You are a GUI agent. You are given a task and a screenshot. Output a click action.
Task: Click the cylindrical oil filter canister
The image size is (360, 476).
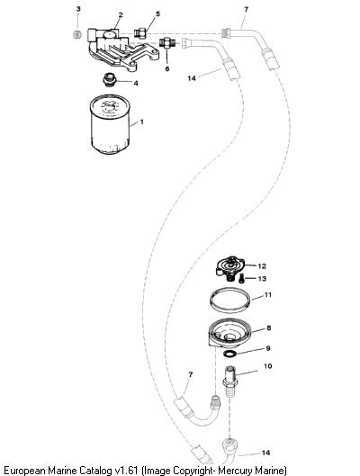[110, 124]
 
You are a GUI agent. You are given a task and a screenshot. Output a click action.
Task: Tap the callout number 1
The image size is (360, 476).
[141, 122]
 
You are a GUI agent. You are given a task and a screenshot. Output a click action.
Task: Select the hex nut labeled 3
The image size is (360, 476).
[77, 34]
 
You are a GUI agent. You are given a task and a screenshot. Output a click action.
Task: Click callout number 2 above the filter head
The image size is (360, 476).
[121, 15]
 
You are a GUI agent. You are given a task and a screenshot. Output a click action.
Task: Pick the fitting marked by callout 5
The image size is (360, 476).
[140, 33]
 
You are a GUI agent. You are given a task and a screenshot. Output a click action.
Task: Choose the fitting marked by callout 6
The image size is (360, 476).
[167, 42]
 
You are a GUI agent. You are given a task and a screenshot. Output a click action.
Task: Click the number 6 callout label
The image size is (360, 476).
[167, 69]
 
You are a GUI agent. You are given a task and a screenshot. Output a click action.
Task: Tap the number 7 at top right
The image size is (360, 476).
[246, 10]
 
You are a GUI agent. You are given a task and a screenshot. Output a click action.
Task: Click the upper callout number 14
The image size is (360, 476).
[192, 78]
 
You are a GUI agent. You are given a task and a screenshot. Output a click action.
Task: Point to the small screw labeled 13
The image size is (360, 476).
[241, 278]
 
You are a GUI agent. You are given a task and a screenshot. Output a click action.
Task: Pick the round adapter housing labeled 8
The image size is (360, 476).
[229, 333]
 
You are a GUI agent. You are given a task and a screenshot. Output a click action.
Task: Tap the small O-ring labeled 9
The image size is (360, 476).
[229, 353]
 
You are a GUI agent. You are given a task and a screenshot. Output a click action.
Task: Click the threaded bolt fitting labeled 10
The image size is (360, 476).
[229, 382]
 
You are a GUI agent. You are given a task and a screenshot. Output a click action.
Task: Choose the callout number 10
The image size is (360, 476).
[267, 366]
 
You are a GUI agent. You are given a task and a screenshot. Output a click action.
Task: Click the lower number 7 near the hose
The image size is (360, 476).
[190, 374]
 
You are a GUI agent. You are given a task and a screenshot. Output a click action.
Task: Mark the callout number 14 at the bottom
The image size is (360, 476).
[265, 453]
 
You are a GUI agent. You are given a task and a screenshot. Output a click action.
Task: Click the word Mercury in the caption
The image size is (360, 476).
[235, 471]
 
